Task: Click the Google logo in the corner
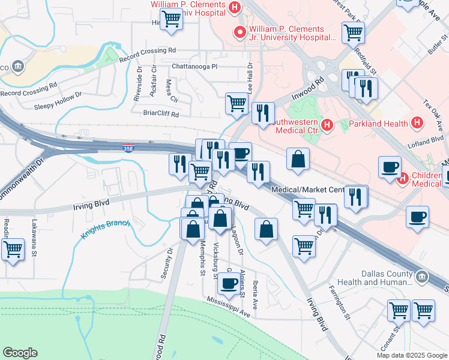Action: click(x=20, y=353)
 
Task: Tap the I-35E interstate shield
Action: click(x=128, y=147)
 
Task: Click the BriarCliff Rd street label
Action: click(x=161, y=113)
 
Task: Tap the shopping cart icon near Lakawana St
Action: click(x=13, y=249)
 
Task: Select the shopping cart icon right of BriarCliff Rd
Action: click(x=237, y=103)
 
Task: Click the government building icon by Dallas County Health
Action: click(x=422, y=277)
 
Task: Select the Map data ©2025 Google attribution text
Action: click(x=412, y=355)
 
